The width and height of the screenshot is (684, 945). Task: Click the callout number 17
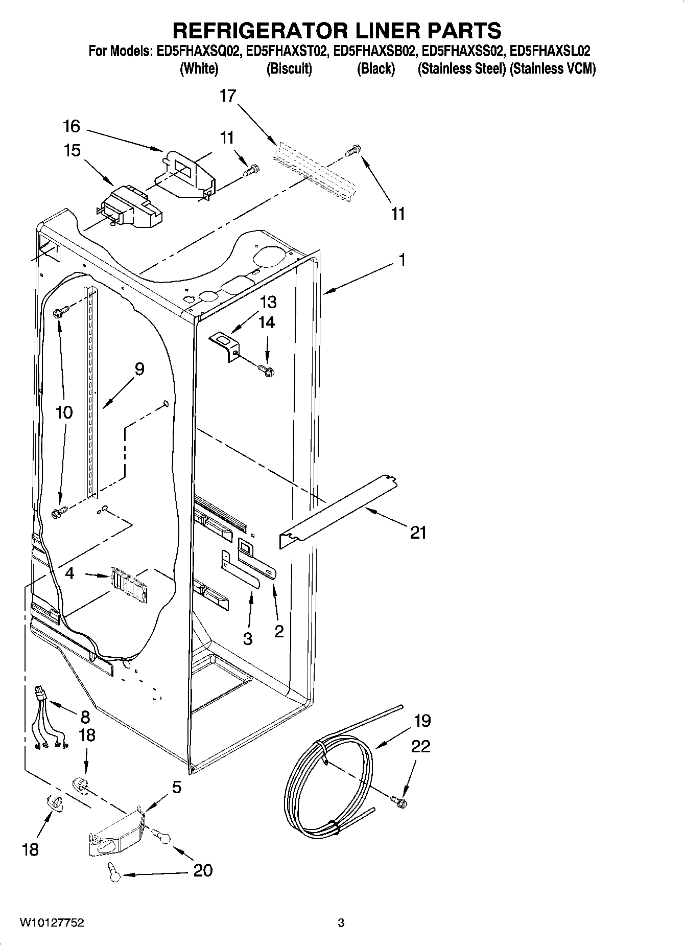pos(228,96)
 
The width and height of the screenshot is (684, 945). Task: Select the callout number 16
pos(72,126)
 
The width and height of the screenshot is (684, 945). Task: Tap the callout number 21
pos(418,533)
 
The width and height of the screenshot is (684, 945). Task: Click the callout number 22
pos(420,747)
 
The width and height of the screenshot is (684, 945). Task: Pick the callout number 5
pos(176,788)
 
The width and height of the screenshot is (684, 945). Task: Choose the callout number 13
pos(268,303)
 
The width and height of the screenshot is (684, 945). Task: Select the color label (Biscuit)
pos(289,69)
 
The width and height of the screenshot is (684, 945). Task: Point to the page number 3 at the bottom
pos(341,923)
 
